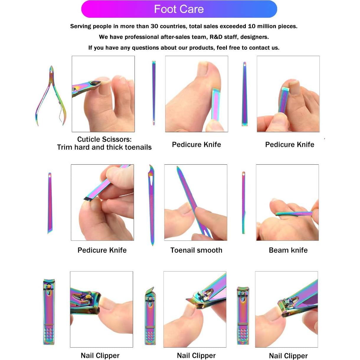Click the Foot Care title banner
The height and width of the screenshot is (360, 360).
tap(179, 9)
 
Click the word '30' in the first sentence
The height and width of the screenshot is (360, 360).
tap(154, 26)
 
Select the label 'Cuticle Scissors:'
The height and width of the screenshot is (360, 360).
tap(104, 139)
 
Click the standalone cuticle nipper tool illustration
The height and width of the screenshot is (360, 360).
tap(50, 96)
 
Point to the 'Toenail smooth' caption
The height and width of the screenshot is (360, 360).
tap(196, 250)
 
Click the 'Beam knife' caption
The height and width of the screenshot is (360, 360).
tap(288, 250)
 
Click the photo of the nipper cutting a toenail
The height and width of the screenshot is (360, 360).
tap(103, 94)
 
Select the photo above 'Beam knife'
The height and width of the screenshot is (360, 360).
tap(287, 202)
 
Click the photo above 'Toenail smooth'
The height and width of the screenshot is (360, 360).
tap(196, 202)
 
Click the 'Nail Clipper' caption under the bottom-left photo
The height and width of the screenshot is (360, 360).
tap(100, 356)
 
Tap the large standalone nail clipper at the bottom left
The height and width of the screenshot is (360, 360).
tap(49, 312)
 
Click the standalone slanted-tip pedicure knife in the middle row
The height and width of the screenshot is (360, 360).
tap(50, 203)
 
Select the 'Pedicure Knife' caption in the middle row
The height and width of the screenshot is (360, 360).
tap(102, 250)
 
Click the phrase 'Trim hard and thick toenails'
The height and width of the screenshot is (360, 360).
tap(104, 147)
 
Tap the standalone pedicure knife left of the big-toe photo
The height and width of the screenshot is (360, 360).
tap(154, 93)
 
